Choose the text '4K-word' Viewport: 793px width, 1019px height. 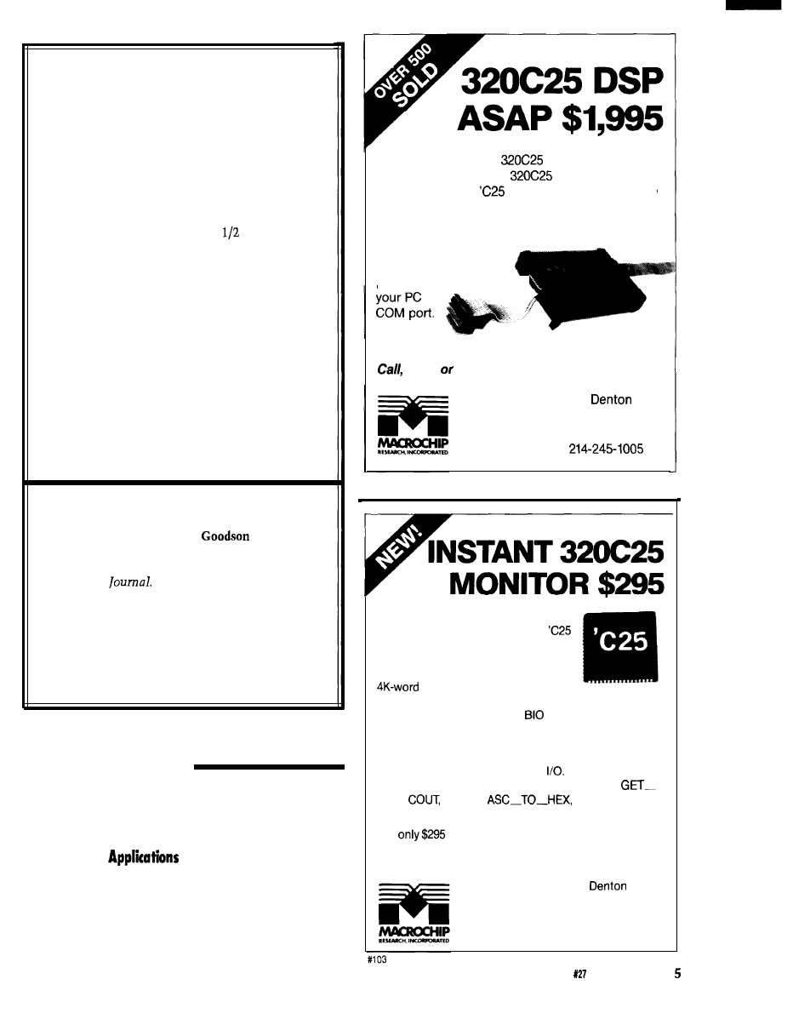coord(396,688)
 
